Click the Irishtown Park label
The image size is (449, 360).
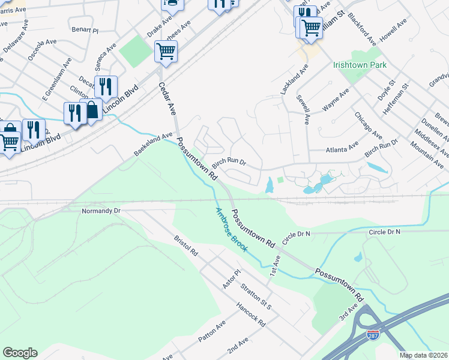click(360, 65)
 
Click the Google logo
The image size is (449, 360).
click(20, 353)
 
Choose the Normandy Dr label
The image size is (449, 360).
click(101, 211)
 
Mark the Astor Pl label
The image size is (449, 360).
click(232, 280)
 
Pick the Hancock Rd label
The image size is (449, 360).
click(251, 314)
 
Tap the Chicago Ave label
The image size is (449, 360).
click(368, 124)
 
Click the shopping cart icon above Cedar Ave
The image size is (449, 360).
click(166, 51)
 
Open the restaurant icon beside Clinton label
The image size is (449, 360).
click(106, 86)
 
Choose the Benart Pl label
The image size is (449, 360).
click(85, 29)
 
